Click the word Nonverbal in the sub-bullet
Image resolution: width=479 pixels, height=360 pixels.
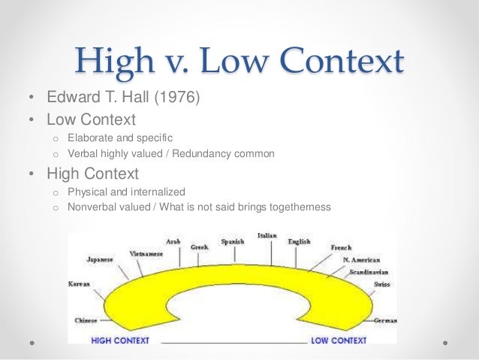(x=91, y=207)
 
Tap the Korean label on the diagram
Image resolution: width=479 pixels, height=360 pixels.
(x=80, y=286)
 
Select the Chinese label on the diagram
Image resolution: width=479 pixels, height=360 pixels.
(x=86, y=320)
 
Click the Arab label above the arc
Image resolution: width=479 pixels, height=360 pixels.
(x=173, y=241)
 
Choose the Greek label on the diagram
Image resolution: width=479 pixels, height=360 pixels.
(x=200, y=246)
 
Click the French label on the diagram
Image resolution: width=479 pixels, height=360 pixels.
(x=341, y=247)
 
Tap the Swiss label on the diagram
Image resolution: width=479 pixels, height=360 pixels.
(x=381, y=286)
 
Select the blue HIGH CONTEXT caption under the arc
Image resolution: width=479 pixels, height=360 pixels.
(x=120, y=340)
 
